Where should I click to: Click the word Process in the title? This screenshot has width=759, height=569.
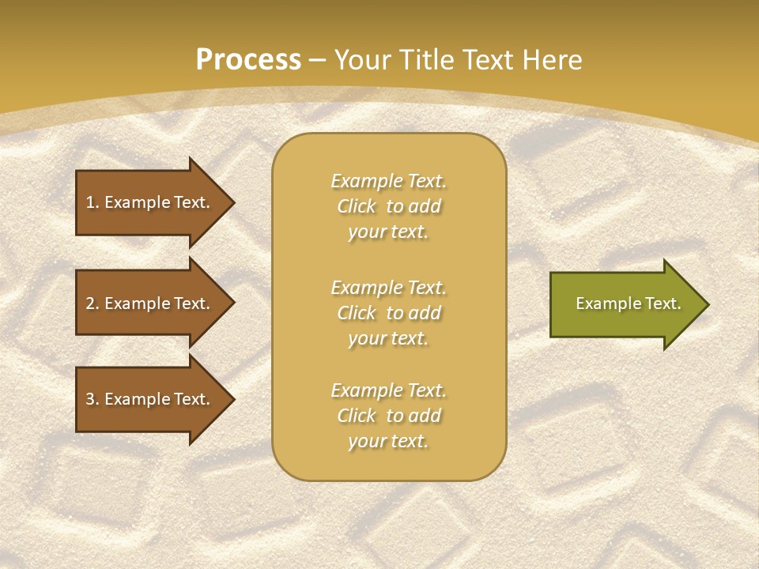pos(248,60)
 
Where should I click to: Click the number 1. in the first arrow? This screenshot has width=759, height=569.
pos(93,202)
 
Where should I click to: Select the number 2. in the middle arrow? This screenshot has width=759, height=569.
pos(93,303)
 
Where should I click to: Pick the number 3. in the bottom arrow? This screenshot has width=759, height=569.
pos(93,399)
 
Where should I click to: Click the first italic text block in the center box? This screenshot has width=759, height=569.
pos(388,206)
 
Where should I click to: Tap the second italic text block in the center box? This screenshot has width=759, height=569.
pos(388,313)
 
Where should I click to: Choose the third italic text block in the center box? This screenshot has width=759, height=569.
pos(388,416)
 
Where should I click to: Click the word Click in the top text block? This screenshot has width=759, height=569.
pos(357,206)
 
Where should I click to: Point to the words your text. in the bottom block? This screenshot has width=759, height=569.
pos(388,441)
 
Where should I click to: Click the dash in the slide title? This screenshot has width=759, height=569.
pos(318,60)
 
